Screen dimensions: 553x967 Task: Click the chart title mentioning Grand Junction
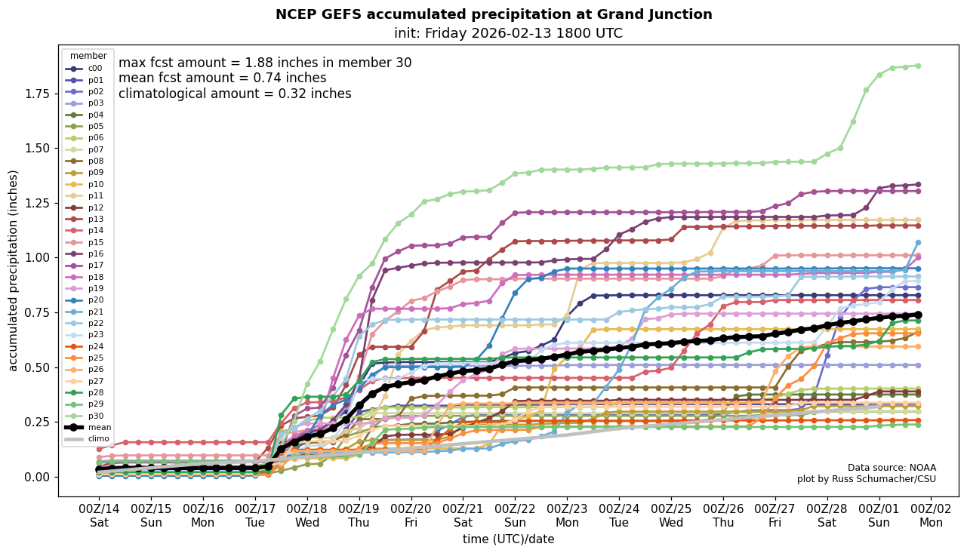494,14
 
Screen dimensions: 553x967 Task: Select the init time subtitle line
508,33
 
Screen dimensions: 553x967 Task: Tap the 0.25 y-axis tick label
37,422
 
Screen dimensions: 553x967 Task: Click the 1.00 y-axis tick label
37,258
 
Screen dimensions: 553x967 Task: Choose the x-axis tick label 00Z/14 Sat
100,515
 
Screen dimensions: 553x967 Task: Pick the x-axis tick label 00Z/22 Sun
515,515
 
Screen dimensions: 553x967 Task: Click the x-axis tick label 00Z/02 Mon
931,515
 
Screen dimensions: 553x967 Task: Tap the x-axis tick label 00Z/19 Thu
359,515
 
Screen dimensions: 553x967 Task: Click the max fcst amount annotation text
265,63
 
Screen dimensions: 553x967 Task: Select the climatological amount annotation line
235,94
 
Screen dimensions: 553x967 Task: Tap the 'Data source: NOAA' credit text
892,468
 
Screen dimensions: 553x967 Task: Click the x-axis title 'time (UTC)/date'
508,539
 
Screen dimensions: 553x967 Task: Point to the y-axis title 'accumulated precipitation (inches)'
13,270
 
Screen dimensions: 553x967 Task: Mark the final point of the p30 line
918,66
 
